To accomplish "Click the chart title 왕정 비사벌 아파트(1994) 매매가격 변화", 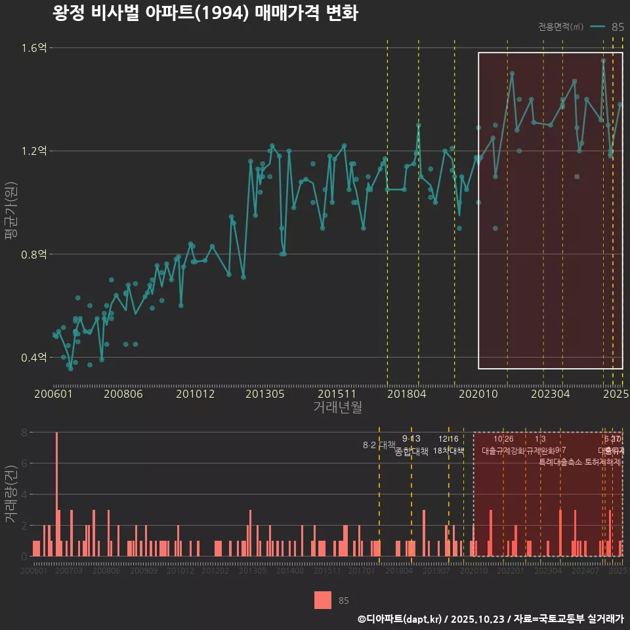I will [205, 14].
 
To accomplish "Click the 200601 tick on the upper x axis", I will [53, 394].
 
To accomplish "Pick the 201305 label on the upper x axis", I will [264, 394].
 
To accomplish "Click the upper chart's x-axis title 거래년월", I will [337, 408].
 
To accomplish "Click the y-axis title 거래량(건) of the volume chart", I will [10, 494].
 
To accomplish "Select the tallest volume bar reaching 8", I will [57, 494].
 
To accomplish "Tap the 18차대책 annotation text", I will [449, 451].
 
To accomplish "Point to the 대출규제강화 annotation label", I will [503, 451].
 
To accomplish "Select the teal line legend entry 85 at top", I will [607, 27].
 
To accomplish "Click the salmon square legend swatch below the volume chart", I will [323, 600].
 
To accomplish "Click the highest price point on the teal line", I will [603, 60].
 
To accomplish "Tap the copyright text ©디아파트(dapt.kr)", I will [400, 619].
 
